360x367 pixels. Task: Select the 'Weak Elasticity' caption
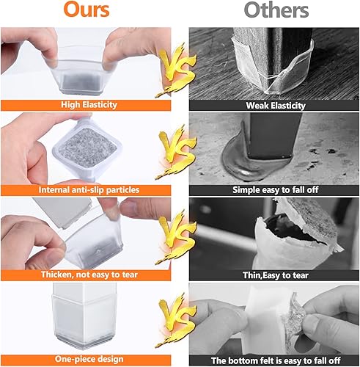[x=273, y=105]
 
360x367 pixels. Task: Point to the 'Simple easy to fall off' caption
[x=273, y=190]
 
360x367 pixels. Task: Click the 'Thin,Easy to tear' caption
[x=273, y=275]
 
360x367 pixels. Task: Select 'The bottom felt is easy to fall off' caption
[x=273, y=360]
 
